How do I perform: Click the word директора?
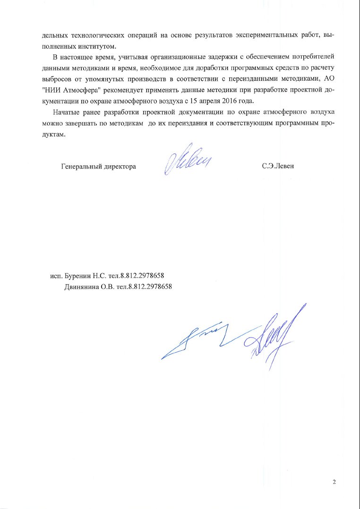coord(120,166)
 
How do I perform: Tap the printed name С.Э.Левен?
coord(278,166)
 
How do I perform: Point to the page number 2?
coord(334,482)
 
